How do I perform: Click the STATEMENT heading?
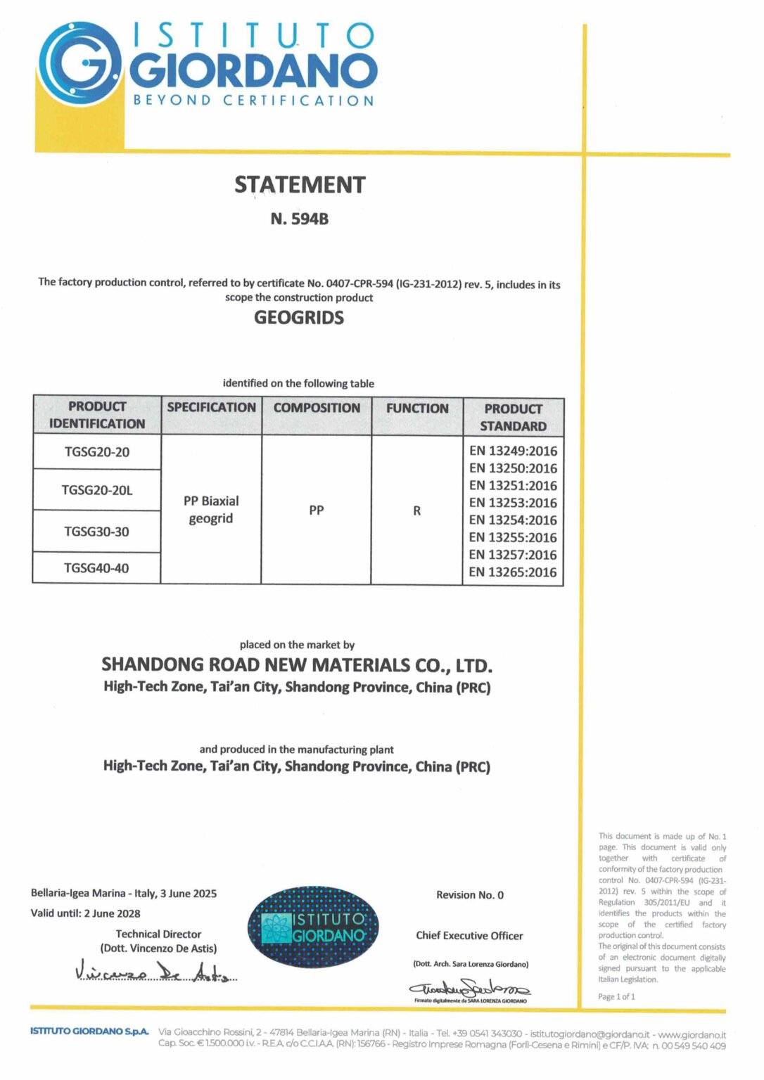point(300,185)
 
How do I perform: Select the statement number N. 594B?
point(300,219)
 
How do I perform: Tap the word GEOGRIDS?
point(299,318)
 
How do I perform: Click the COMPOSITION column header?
point(317,408)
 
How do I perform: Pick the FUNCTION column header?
point(417,409)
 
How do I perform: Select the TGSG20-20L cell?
point(97,490)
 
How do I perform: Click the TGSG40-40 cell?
point(96,568)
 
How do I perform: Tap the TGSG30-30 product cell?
point(97,532)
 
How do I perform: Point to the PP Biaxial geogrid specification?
point(211,510)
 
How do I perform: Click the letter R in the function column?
point(417,511)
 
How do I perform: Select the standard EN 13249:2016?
point(513,451)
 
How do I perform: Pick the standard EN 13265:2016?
point(513,572)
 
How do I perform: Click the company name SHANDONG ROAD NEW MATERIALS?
point(297,665)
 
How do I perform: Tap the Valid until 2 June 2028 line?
point(85,913)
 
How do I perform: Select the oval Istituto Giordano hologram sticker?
point(313,927)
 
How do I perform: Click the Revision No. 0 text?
point(470,895)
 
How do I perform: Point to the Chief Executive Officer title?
point(469,936)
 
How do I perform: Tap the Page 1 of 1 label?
point(616,996)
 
